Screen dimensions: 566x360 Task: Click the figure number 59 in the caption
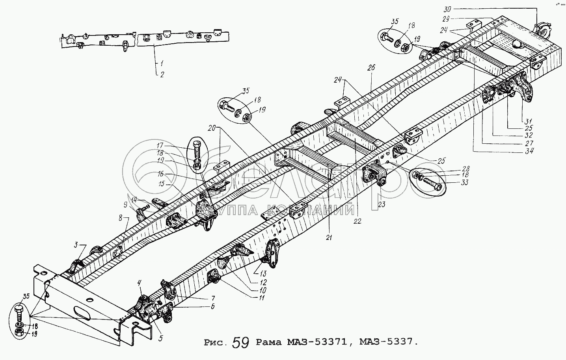coord(240,343)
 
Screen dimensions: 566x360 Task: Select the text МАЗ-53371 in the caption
coord(320,342)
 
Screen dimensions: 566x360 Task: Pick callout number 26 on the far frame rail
coord(371,68)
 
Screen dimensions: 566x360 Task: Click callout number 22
coord(357,221)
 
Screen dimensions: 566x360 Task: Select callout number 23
coord(381,204)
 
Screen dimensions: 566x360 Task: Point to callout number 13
coord(262,273)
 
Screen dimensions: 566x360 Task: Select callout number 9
coord(126,204)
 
